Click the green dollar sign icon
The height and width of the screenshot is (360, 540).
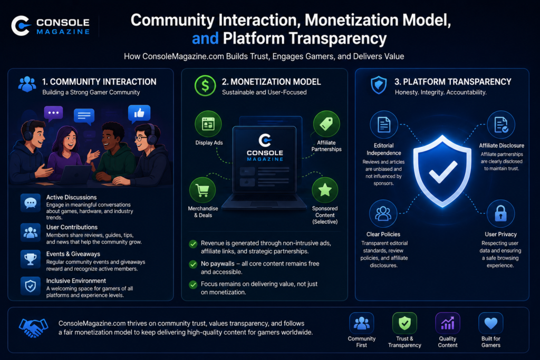coord(205,86)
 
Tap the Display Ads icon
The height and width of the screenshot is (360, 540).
coord(208,124)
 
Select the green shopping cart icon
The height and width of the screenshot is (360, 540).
coord(202,190)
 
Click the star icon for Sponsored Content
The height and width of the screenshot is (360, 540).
coord(325,190)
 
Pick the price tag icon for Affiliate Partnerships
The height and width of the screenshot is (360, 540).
coord(326,124)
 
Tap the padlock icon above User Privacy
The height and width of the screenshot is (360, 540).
coord(501,213)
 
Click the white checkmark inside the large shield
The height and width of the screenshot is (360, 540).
coord(442,171)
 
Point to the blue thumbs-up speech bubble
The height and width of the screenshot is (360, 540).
coord(139,114)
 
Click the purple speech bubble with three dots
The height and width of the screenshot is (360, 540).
coord(53,113)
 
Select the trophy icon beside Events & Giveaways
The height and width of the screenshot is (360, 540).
coord(30,259)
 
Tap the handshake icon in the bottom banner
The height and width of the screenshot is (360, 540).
coord(33,328)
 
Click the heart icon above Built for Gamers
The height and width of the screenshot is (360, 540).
coord(491,323)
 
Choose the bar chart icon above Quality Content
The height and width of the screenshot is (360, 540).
coord(448,323)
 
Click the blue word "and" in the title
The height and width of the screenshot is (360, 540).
coord(205,38)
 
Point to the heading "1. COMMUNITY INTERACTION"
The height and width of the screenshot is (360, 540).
coord(99,82)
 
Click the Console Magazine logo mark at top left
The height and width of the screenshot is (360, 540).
coord(21,26)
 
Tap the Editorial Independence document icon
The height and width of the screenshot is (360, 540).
coord(384,124)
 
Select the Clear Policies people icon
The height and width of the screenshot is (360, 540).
coord(383,213)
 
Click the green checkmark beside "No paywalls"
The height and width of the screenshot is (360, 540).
coord(193,264)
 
